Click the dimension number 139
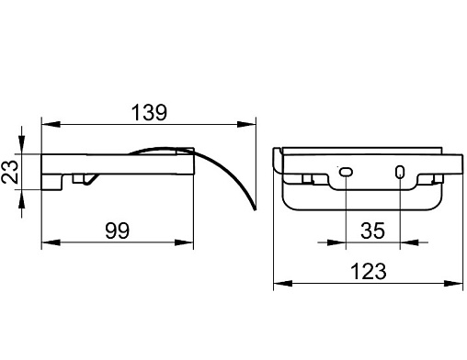point(149,112)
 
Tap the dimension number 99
point(117,231)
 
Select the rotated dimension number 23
point(10,172)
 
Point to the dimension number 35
point(372,231)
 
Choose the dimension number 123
point(368,272)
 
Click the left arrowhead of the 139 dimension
point(51,124)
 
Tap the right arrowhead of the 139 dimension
point(246,124)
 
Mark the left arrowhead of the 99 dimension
point(51,242)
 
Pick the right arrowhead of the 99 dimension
point(184,242)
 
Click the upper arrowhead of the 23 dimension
point(21,144)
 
